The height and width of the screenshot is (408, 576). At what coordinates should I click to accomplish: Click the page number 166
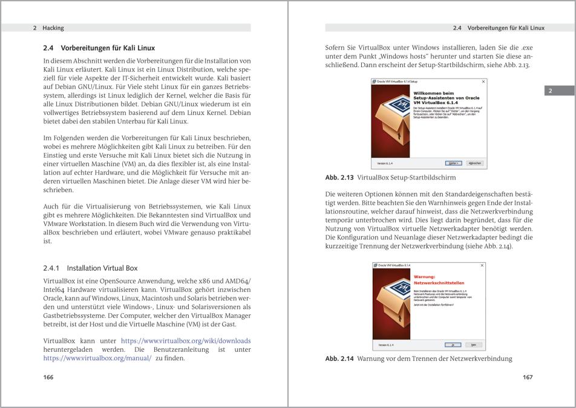tap(48, 377)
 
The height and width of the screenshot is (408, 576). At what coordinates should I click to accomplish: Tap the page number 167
tap(527, 377)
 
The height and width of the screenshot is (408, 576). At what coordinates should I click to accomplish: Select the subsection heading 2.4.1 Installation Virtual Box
tap(90, 268)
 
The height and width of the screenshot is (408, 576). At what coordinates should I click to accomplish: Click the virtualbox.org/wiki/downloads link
tap(186, 341)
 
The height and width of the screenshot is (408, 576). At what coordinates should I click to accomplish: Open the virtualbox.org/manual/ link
tap(97, 358)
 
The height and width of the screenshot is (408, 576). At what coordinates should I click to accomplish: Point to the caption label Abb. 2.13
tap(339, 178)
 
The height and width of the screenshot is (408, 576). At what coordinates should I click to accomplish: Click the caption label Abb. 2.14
tap(339, 358)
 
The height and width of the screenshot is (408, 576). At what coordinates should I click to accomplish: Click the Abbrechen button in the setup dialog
tap(475, 163)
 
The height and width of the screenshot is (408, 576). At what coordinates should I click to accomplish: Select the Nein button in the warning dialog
tap(476, 345)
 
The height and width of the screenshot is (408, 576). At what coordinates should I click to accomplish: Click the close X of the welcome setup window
tap(483, 81)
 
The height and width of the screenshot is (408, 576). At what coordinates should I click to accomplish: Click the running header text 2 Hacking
tap(48, 28)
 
